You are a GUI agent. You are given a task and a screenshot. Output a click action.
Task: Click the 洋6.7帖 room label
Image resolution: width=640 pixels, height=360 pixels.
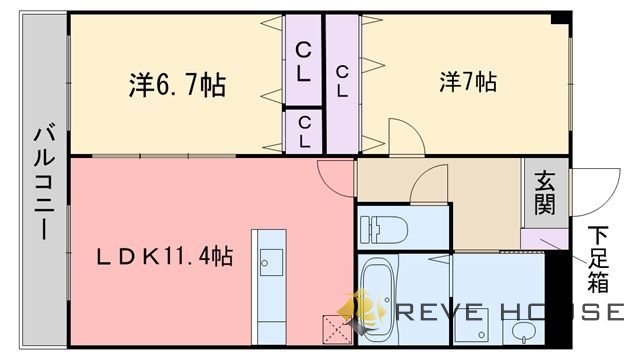click(x=177, y=85)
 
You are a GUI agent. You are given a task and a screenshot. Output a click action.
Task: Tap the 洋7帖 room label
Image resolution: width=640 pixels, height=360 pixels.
click(x=468, y=82)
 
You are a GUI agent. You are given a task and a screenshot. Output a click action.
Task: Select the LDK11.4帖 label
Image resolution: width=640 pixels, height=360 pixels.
click(x=164, y=257)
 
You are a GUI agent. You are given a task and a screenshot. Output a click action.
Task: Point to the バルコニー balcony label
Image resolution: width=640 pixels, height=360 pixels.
click(x=44, y=183)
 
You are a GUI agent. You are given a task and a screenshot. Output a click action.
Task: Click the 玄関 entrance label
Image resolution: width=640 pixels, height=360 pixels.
click(x=545, y=193)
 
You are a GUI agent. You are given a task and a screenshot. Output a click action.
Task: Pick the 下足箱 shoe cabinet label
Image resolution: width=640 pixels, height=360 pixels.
click(x=598, y=259)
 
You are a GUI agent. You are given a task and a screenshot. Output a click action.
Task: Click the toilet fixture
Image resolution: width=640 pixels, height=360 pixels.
click(x=384, y=229)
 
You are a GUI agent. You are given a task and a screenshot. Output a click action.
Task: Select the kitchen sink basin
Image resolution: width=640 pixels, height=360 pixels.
click(x=271, y=262)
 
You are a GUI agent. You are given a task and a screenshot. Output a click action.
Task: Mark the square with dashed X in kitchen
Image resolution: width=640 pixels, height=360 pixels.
click(x=337, y=329)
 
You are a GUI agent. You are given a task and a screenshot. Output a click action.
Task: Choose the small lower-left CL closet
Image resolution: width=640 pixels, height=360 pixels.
click(x=304, y=132)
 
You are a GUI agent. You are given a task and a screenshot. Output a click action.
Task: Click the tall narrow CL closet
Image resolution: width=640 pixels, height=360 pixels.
click(x=342, y=84)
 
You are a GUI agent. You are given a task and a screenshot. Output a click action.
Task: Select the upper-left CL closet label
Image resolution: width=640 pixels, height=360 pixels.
click(x=303, y=62)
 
